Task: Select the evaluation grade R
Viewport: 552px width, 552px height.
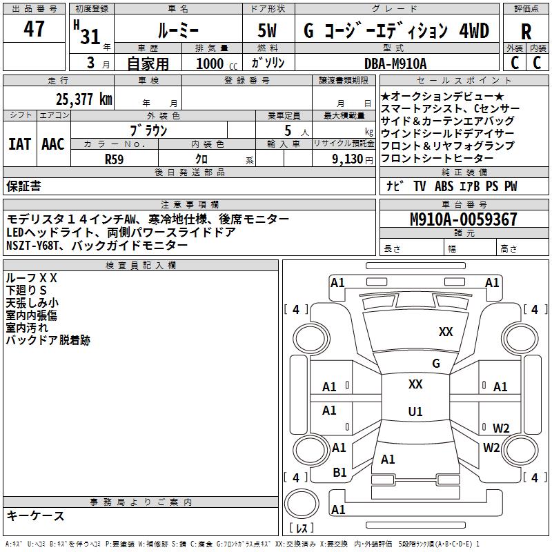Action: tap(526, 31)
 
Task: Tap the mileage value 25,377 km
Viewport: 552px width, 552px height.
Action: tap(83, 99)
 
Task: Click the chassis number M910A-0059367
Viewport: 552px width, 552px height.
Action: tap(463, 220)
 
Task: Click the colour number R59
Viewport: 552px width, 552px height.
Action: tap(114, 158)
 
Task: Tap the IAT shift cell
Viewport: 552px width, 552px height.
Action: tap(19, 144)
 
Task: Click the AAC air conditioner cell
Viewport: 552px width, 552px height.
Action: tap(53, 144)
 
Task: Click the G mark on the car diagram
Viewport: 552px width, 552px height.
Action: tap(435, 364)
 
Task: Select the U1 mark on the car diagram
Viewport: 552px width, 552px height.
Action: tap(415, 412)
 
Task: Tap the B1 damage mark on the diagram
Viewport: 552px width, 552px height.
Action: tap(339, 473)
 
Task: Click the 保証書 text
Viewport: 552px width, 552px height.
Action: tap(23, 186)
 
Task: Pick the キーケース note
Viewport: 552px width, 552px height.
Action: tap(35, 516)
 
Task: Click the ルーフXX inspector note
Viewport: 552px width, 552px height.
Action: tap(32, 277)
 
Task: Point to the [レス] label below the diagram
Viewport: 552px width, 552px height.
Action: tap(301, 529)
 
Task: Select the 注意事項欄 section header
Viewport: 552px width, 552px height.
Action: tap(189, 205)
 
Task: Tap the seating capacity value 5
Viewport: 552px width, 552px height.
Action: tap(287, 130)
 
